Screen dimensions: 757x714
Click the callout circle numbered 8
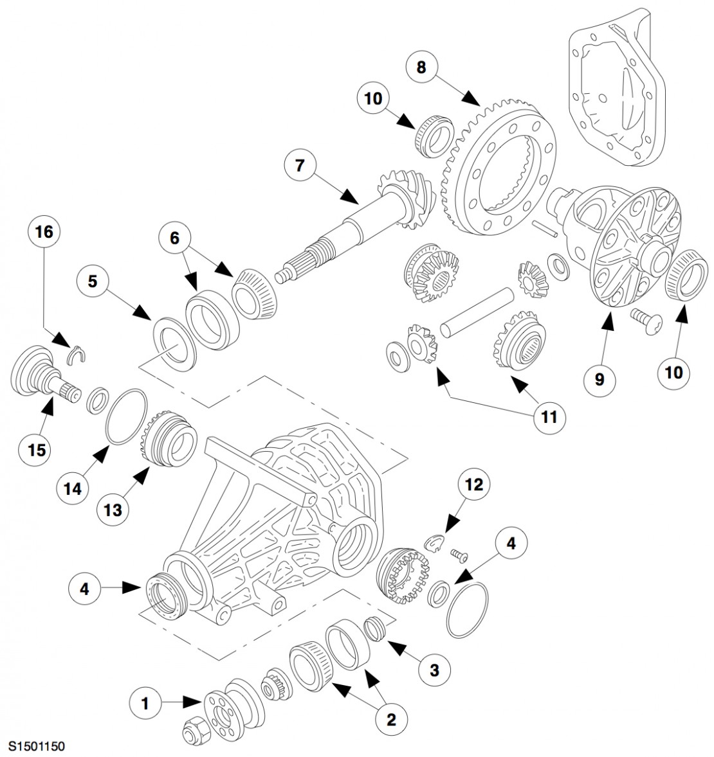[x=421, y=67]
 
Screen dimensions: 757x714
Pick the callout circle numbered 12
[x=473, y=485]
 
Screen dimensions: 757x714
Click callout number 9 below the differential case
[x=599, y=380]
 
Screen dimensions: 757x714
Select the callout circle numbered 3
[x=434, y=670]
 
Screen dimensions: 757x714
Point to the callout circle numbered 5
[x=93, y=282]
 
